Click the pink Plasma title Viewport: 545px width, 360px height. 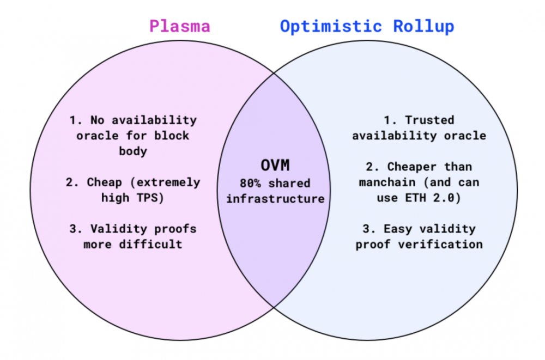tap(180, 26)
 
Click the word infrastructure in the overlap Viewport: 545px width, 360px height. tap(275, 199)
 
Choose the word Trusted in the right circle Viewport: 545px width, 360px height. tap(429, 120)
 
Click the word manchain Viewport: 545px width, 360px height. tap(385, 182)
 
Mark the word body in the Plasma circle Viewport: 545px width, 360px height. tap(133, 151)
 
